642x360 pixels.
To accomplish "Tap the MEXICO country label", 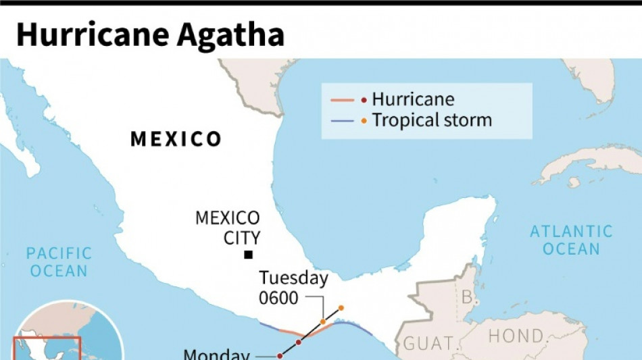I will pos(176,139).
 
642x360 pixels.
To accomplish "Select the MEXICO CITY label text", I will pos(227,228).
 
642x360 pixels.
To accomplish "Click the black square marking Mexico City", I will pos(249,255).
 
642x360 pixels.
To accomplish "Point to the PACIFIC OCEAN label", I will pos(58,262).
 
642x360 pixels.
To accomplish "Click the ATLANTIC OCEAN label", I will pos(571,240).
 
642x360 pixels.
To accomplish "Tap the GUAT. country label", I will pos(428,343).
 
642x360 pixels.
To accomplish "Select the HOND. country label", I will pos(516,336).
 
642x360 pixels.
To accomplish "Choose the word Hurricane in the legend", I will pos(413,100).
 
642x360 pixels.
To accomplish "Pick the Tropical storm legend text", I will pos(432,121).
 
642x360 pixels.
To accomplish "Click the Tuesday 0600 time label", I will pos(294,287).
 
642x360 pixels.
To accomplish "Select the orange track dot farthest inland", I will pos(341,307).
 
